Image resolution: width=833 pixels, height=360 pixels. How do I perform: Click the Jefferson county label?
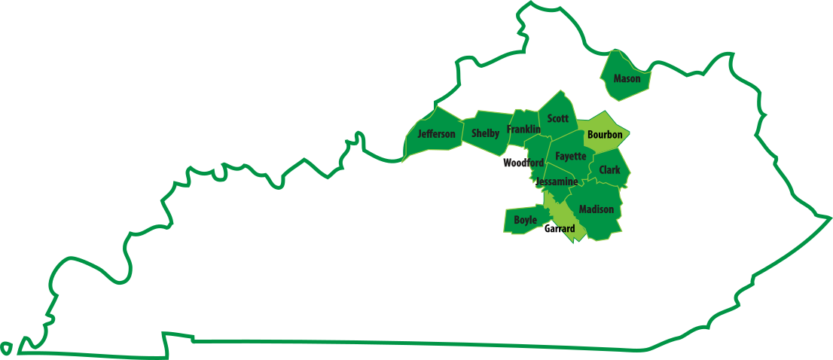(x=436, y=134)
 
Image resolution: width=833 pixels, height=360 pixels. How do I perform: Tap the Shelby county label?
(x=485, y=133)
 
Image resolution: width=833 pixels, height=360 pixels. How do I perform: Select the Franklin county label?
(x=523, y=130)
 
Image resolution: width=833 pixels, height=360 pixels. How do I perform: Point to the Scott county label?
(x=558, y=118)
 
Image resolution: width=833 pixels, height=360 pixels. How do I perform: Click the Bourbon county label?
(x=605, y=135)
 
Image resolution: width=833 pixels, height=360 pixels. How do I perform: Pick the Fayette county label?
(x=570, y=156)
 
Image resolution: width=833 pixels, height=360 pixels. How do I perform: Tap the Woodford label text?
(x=523, y=163)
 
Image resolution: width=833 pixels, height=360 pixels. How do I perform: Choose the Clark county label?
(x=609, y=169)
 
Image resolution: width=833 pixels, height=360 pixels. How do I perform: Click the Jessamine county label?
(x=557, y=182)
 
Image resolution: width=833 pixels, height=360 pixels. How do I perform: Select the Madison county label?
(x=597, y=209)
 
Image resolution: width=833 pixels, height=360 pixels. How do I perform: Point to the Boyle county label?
(x=525, y=220)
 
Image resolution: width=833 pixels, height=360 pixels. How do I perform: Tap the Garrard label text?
(x=560, y=228)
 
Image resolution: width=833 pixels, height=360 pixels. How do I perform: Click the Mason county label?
(x=627, y=78)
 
